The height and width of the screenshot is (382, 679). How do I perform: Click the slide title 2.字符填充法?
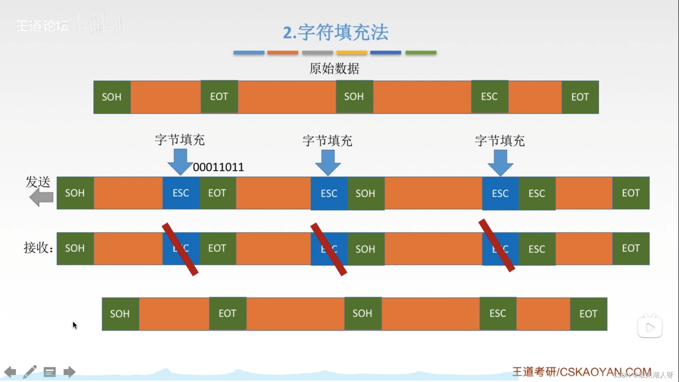point(335,32)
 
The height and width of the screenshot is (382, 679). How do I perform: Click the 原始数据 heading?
point(334,68)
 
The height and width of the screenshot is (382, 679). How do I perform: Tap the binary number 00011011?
point(218,167)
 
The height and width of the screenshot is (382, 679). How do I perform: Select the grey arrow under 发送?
point(41,197)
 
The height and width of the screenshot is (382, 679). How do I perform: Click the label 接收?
point(38,248)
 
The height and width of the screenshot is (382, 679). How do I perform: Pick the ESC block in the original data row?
point(489,97)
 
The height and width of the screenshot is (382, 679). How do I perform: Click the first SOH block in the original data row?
point(112,97)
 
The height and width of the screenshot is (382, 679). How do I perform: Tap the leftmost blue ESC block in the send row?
point(181,193)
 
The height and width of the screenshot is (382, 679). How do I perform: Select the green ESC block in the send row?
point(537,193)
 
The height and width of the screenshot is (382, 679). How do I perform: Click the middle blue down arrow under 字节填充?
point(328,162)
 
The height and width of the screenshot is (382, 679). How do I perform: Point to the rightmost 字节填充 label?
point(500,141)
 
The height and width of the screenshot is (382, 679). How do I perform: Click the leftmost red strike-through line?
point(180,249)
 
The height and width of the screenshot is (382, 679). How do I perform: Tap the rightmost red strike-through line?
point(497,245)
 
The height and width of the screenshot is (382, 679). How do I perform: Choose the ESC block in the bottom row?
point(498,313)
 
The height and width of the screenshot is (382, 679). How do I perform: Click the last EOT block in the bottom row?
point(588,314)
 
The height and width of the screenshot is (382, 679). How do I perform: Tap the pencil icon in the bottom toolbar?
point(30,372)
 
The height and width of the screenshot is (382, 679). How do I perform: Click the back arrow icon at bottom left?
point(10,372)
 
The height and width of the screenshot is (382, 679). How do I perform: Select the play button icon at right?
point(650,327)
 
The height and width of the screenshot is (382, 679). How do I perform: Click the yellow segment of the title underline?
point(352,53)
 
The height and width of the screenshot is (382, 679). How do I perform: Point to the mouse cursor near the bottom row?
point(75,325)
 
